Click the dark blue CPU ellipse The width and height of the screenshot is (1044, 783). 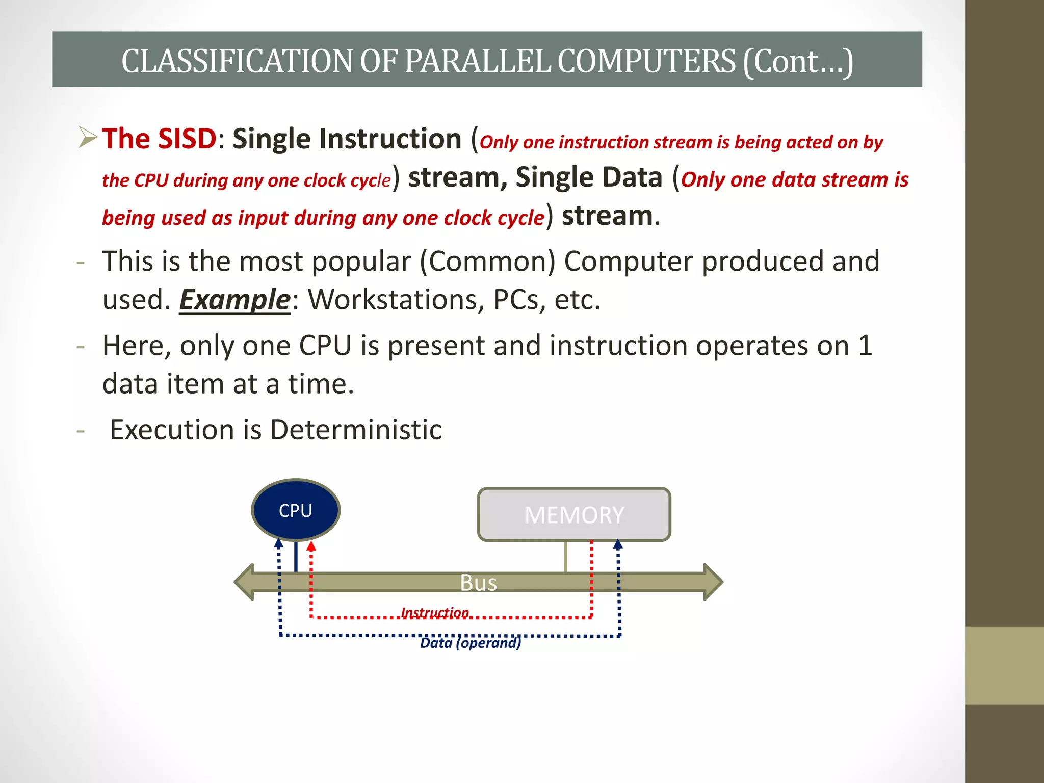(x=296, y=510)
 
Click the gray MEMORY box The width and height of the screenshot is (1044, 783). (x=574, y=514)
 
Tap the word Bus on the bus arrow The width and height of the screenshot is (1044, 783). (x=478, y=583)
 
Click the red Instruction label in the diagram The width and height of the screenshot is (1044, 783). (x=435, y=612)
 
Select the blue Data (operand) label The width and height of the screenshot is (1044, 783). (x=471, y=643)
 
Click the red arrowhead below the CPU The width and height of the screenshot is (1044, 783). (x=311, y=546)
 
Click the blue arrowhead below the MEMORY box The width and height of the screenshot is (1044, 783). (x=618, y=544)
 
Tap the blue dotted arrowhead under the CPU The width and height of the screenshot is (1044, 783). (x=278, y=543)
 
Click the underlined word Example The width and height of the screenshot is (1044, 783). (x=234, y=299)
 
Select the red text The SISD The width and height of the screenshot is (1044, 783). (x=159, y=139)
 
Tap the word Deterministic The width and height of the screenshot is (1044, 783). (x=356, y=430)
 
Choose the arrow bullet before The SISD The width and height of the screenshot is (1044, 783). (x=88, y=138)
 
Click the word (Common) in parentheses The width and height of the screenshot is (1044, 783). (x=487, y=262)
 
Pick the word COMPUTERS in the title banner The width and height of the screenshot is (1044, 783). (x=646, y=61)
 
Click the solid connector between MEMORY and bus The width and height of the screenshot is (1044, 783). (x=566, y=557)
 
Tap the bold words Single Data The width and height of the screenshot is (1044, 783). (x=589, y=177)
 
